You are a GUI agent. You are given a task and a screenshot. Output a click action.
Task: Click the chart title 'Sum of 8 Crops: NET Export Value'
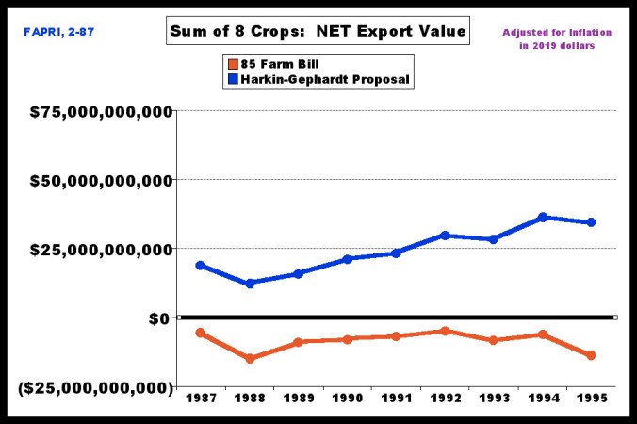pos(317,31)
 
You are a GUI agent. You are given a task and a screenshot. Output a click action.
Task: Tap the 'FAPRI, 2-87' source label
pos(58,32)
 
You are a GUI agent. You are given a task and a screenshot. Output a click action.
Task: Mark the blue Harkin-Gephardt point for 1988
pos(250,284)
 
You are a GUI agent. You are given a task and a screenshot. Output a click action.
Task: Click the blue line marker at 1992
pos(445,236)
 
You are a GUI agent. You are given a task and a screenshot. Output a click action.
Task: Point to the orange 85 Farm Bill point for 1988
pos(250,359)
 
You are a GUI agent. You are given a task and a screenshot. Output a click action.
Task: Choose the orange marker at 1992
pos(445,331)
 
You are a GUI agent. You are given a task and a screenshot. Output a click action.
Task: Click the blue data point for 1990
pos(348,259)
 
